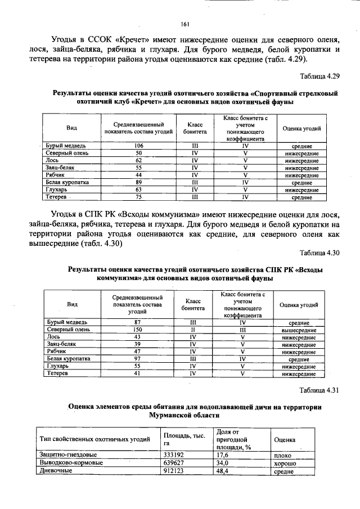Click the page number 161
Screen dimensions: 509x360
pyautogui.click(x=185, y=24)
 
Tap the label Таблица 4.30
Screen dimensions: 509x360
pyautogui.click(x=320, y=253)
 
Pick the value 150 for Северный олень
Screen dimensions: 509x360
pyautogui.click(x=137, y=330)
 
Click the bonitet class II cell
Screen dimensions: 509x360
pyautogui.click(x=192, y=330)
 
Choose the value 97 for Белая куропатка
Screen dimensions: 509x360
pyautogui.click(x=137, y=358)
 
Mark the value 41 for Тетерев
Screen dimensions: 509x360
pyautogui.click(x=137, y=373)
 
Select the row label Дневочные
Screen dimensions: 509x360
pyautogui.click(x=56, y=471)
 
